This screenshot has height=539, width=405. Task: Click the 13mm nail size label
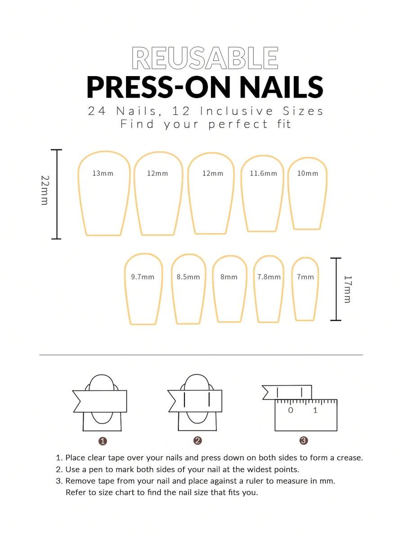click(x=103, y=174)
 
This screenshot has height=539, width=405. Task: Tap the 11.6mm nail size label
click(x=263, y=174)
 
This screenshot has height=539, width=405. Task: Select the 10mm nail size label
click(x=308, y=174)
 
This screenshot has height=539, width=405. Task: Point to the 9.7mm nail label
click(x=143, y=277)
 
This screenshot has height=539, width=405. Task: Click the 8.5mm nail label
click(x=189, y=277)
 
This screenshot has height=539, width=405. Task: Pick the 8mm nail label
click(x=229, y=277)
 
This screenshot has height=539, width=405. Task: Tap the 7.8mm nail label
click(x=269, y=277)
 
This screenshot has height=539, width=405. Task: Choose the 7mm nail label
click(x=305, y=277)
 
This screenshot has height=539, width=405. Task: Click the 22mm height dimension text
click(x=45, y=190)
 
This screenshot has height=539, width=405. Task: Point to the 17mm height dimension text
click(x=347, y=289)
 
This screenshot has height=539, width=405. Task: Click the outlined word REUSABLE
click(x=205, y=58)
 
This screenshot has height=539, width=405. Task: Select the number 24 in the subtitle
click(x=97, y=111)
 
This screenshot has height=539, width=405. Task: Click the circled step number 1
click(x=103, y=441)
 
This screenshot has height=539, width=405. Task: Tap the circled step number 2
click(x=198, y=440)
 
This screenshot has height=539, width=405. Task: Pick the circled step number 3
click(x=304, y=440)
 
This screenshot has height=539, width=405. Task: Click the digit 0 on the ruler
click(x=291, y=410)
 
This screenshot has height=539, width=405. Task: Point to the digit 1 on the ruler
click(x=315, y=410)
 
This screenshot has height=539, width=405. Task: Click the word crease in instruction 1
click(x=350, y=458)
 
